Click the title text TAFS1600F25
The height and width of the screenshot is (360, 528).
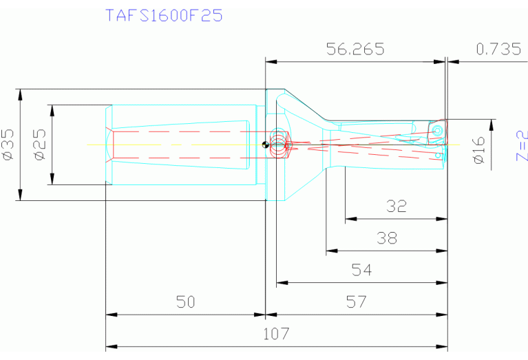click(164, 15)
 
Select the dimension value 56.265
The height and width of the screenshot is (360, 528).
click(355, 49)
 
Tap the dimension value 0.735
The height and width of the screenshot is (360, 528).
click(498, 49)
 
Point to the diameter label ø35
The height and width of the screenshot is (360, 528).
click(9, 145)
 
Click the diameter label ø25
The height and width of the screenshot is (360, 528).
click(39, 145)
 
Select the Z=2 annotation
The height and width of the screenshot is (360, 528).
click(521, 145)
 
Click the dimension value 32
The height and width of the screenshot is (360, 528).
click(397, 206)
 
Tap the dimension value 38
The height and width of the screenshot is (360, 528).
click(387, 238)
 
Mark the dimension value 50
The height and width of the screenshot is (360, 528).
click(185, 302)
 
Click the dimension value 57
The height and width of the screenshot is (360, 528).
click(357, 302)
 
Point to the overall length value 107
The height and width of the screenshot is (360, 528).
click(277, 334)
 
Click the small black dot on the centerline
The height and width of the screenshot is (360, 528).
click(265, 145)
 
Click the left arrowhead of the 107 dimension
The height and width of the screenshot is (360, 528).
click(109, 346)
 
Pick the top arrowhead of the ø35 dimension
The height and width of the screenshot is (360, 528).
click(21, 92)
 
